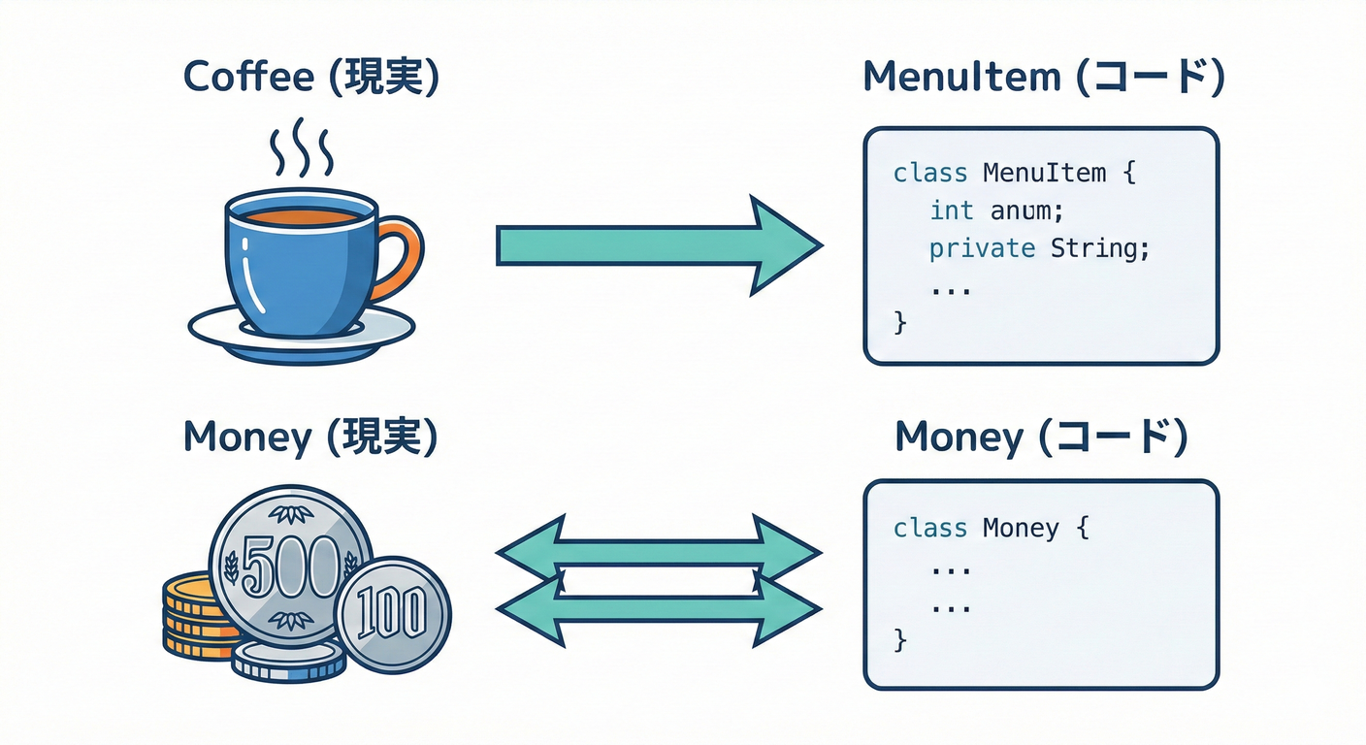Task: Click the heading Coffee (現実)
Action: pyautogui.click(x=310, y=78)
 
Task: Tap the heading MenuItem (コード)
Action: pyautogui.click(x=1043, y=78)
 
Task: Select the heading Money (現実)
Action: pyautogui.click(x=310, y=437)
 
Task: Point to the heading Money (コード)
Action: pyautogui.click(x=1041, y=437)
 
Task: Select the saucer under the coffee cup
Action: pyautogui.click(x=301, y=336)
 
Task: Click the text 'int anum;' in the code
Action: pyautogui.click(x=990, y=210)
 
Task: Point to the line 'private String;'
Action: pyautogui.click(x=1039, y=248)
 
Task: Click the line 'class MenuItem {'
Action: pyautogui.click(x=1014, y=173)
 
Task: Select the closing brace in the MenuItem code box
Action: pyautogui.click(x=899, y=323)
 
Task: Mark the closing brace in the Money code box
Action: pyautogui.click(x=899, y=640)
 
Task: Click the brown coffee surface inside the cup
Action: pyautogui.click(x=301, y=216)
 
